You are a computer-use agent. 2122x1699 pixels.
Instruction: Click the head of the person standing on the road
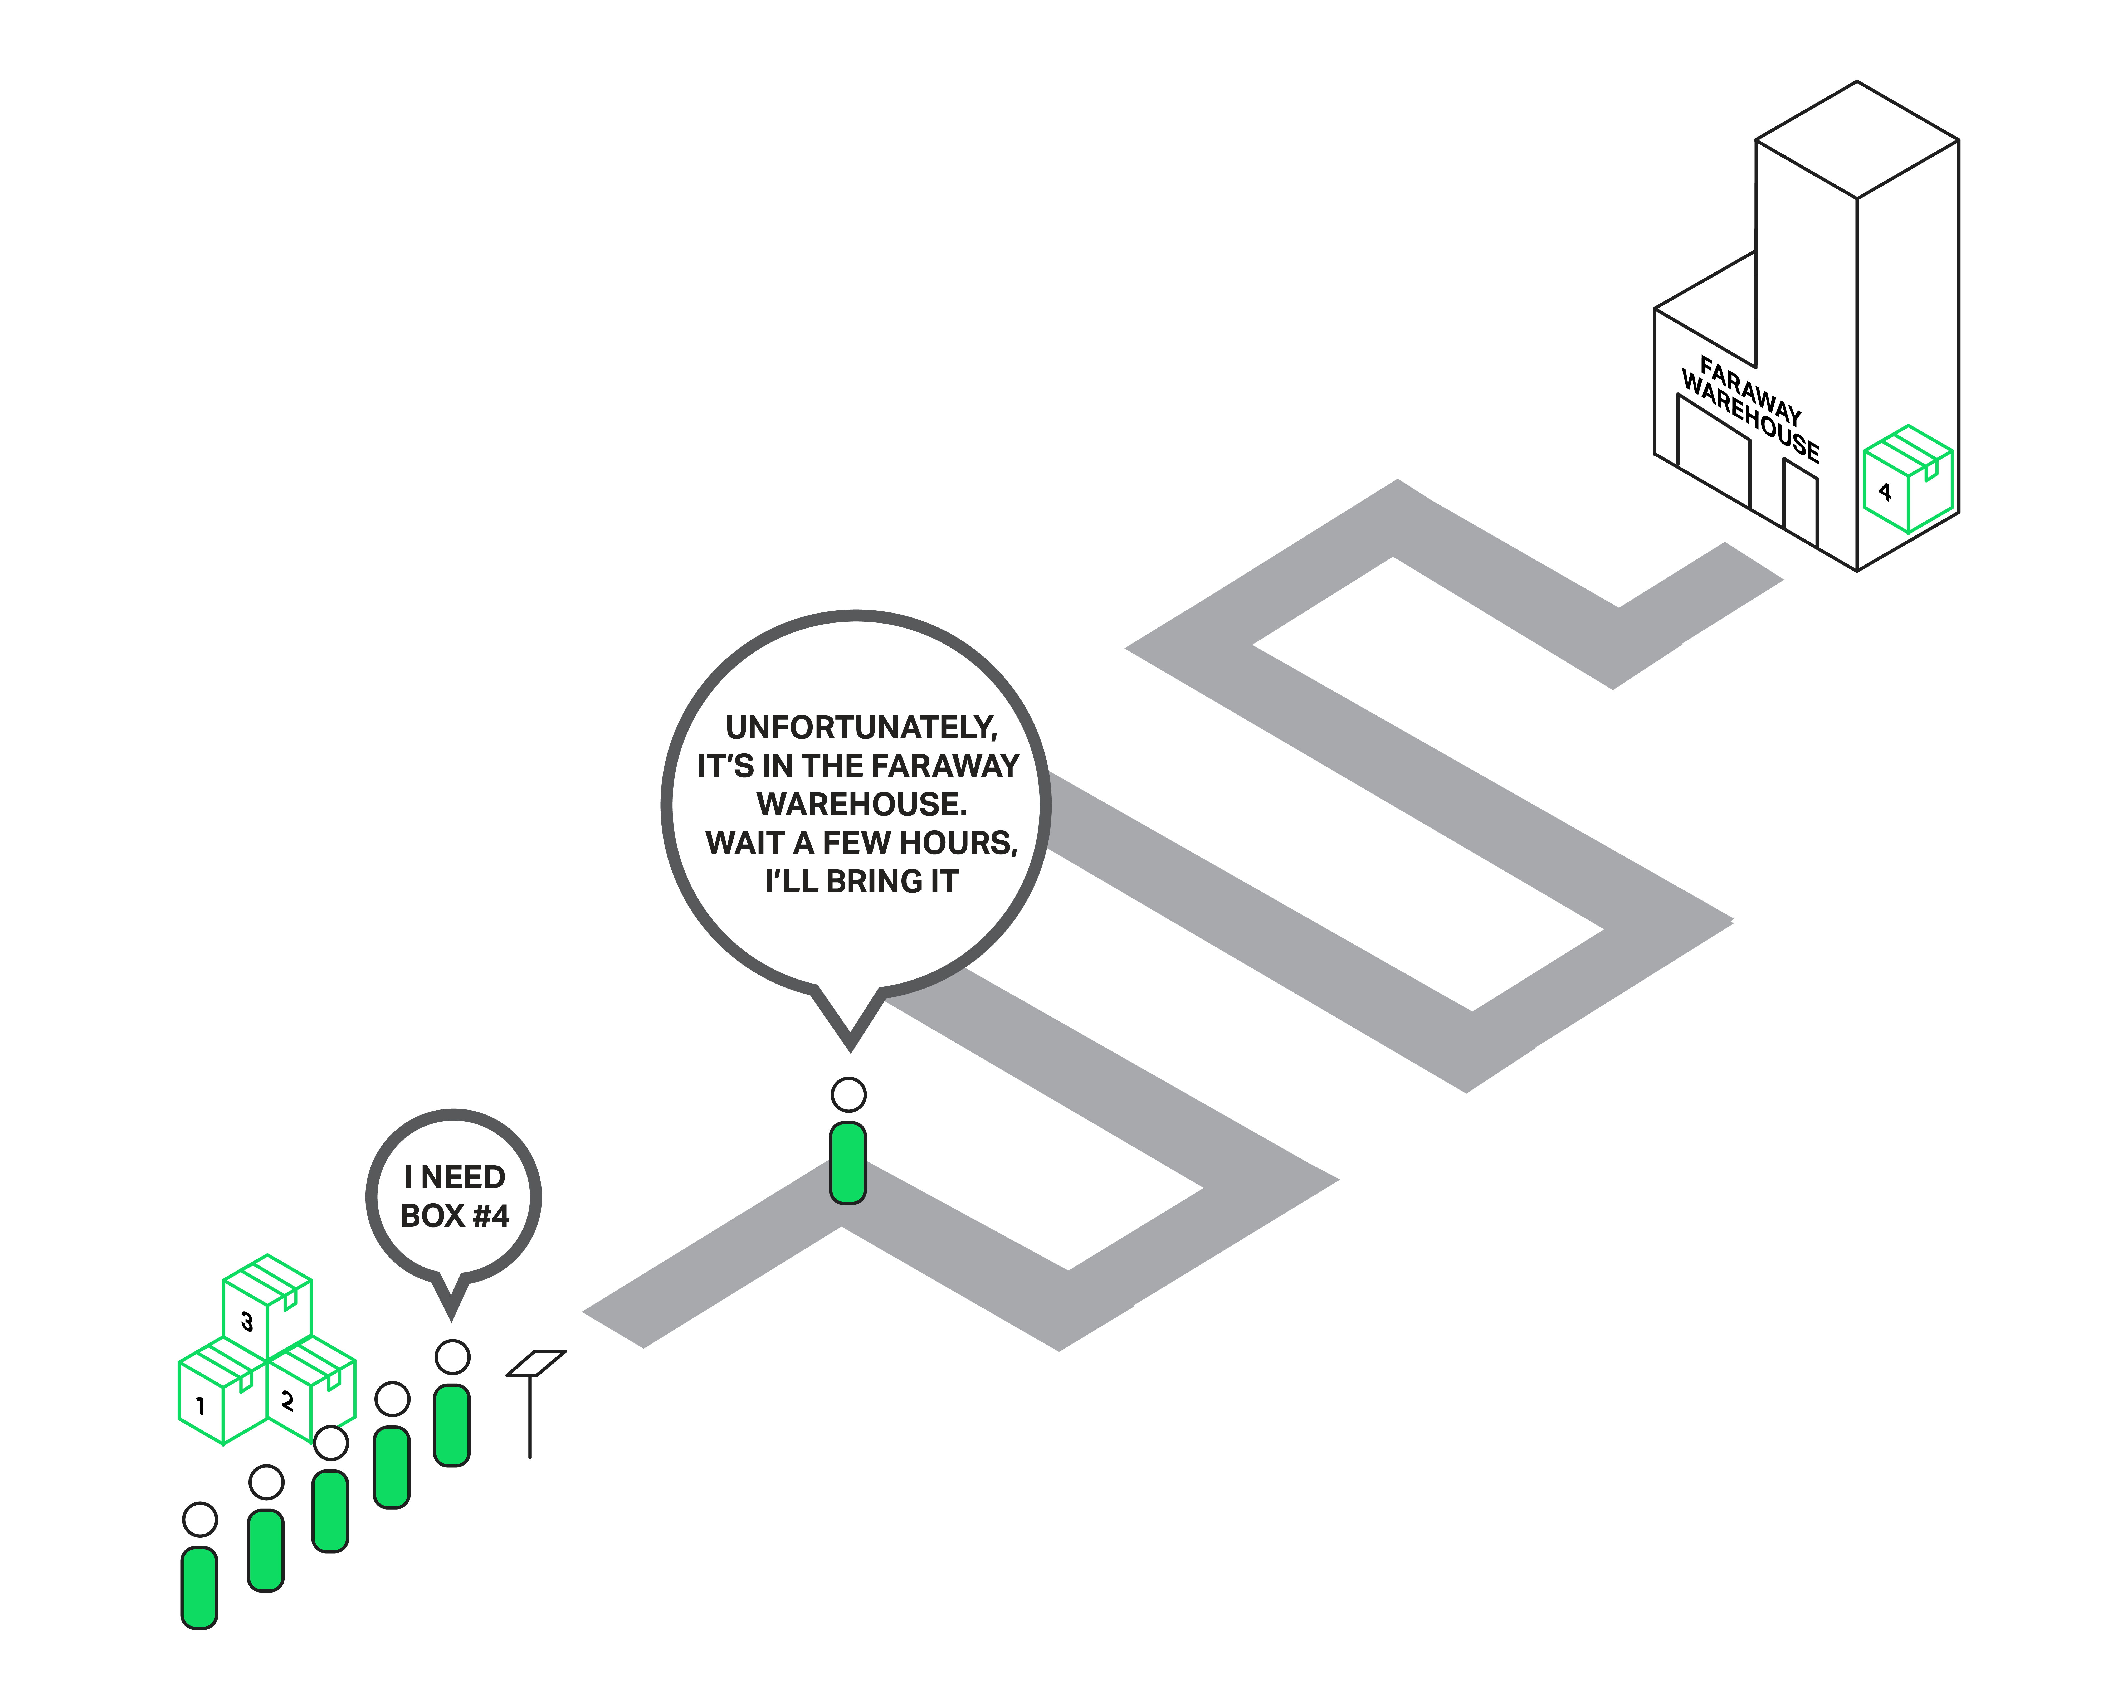[x=848, y=1094]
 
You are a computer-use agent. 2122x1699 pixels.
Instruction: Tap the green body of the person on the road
[x=847, y=1162]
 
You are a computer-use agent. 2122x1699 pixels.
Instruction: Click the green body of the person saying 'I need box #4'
[x=452, y=1424]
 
